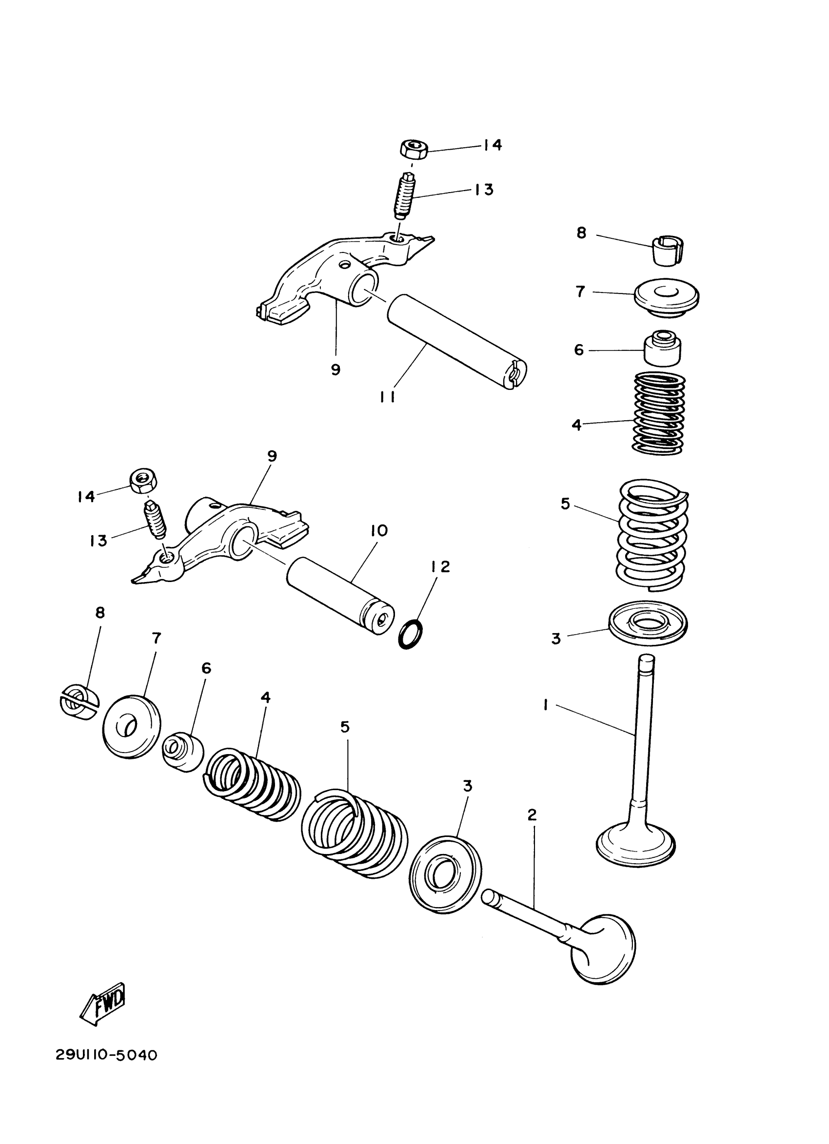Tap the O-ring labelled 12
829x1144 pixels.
[x=411, y=635]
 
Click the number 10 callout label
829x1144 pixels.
[x=379, y=531]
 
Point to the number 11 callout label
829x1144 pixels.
[x=388, y=397]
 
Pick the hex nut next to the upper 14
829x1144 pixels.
[x=414, y=149]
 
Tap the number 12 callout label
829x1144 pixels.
[x=440, y=567]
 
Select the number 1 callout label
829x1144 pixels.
[x=546, y=705]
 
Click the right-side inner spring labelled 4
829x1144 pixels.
[x=659, y=412]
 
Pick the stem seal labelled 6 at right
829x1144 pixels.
[x=661, y=348]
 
